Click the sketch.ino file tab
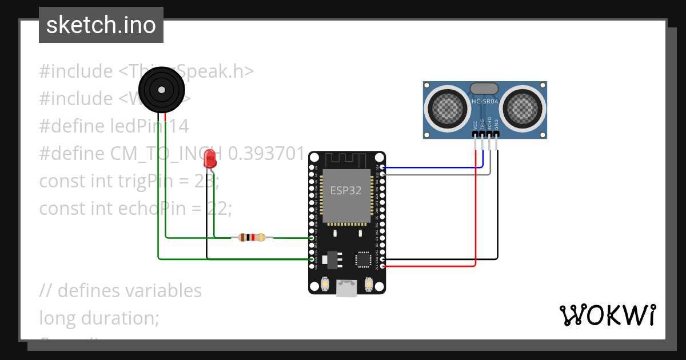point(101,25)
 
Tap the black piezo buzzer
point(162,90)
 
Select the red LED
point(211,158)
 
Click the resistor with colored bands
point(252,237)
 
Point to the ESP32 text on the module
point(346,191)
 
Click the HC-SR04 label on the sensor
point(485,102)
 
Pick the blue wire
point(434,168)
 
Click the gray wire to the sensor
point(434,174)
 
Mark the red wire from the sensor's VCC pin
point(476,217)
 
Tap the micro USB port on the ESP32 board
point(346,289)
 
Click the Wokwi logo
point(607,315)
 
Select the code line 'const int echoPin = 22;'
point(135,209)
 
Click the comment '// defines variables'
point(121,290)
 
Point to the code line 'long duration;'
point(99,317)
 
